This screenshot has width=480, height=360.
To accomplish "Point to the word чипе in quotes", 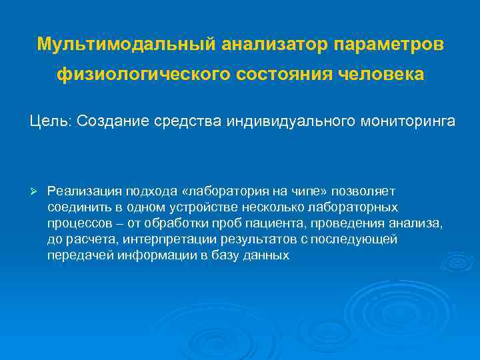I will (x=283, y=192).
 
